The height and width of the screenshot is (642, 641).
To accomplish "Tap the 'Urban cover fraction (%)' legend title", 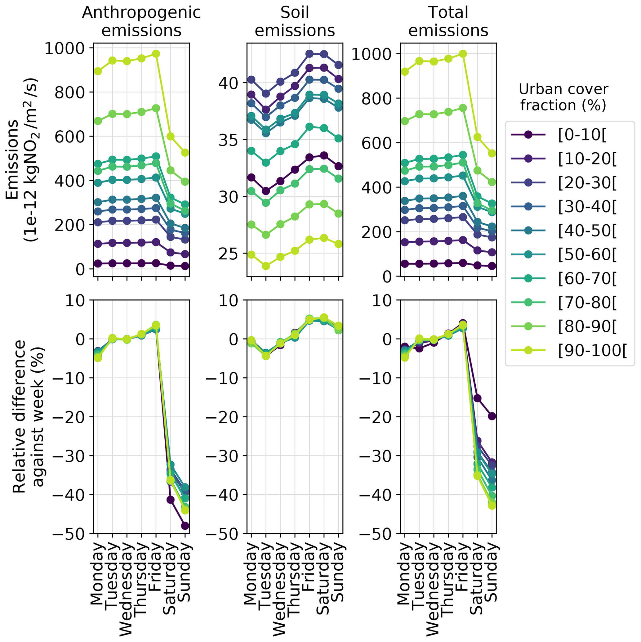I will click(x=563, y=97).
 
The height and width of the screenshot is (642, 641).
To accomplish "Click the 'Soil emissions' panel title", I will click(x=295, y=22).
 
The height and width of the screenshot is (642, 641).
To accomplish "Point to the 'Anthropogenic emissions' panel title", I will click(x=141, y=22).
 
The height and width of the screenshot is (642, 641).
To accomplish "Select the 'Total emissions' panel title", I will click(x=448, y=22).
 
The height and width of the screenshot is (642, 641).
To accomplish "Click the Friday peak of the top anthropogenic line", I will click(x=156, y=54).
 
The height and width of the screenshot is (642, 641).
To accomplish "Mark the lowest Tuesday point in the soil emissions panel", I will click(x=266, y=266).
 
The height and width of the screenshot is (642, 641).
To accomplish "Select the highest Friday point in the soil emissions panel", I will click(x=309, y=54).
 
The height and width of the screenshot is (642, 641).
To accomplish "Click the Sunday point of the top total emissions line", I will click(x=492, y=153).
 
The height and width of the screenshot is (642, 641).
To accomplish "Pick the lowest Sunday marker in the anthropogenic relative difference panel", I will click(x=185, y=526).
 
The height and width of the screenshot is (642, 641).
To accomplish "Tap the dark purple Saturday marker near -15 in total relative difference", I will click(x=477, y=398).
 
